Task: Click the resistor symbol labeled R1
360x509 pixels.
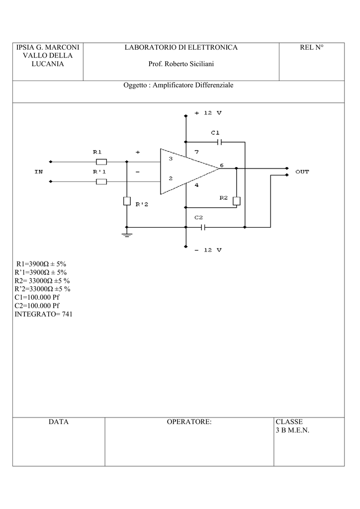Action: pyautogui.click(x=101, y=162)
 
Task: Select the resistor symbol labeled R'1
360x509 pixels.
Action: pyautogui.click(x=101, y=181)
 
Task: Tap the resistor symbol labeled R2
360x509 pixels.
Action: pyautogui.click(x=237, y=201)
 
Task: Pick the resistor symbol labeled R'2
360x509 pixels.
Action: pyautogui.click(x=127, y=201)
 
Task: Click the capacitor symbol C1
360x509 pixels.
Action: pyautogui.click(x=219, y=142)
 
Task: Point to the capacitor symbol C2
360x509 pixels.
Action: pyautogui.click(x=203, y=227)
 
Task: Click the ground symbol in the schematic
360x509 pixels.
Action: pyautogui.click(x=127, y=235)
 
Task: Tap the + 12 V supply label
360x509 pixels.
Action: pyautogui.click(x=208, y=113)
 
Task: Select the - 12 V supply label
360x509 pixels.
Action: pyautogui.click(x=208, y=250)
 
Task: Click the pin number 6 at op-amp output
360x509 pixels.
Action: pyautogui.click(x=222, y=165)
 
